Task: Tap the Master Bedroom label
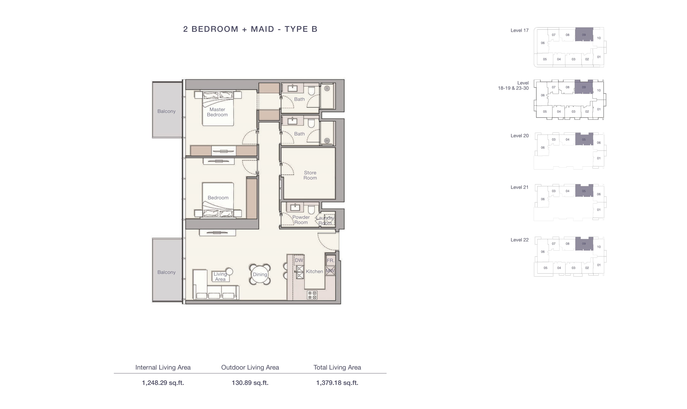(217, 112)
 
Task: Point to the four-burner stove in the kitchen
(312, 295)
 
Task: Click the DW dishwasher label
(299, 260)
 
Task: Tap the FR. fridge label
(330, 260)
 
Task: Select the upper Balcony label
(166, 111)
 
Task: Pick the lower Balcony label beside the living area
(166, 272)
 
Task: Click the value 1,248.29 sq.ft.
(163, 383)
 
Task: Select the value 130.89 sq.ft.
(250, 383)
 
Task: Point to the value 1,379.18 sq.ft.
(337, 383)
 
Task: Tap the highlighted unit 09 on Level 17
(584, 34)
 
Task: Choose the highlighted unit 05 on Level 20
(584, 139)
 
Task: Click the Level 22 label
(520, 240)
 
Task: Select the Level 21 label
(520, 187)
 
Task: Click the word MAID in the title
(262, 29)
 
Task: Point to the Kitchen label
(314, 271)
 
